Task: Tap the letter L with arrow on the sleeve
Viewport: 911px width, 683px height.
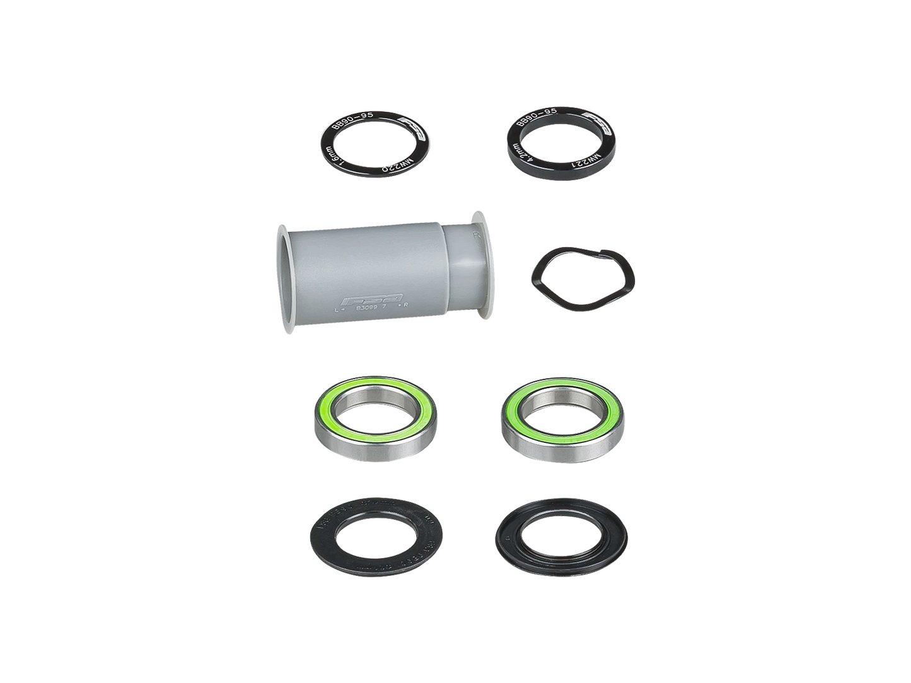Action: (342, 310)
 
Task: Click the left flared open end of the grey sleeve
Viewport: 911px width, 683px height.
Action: (282, 272)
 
